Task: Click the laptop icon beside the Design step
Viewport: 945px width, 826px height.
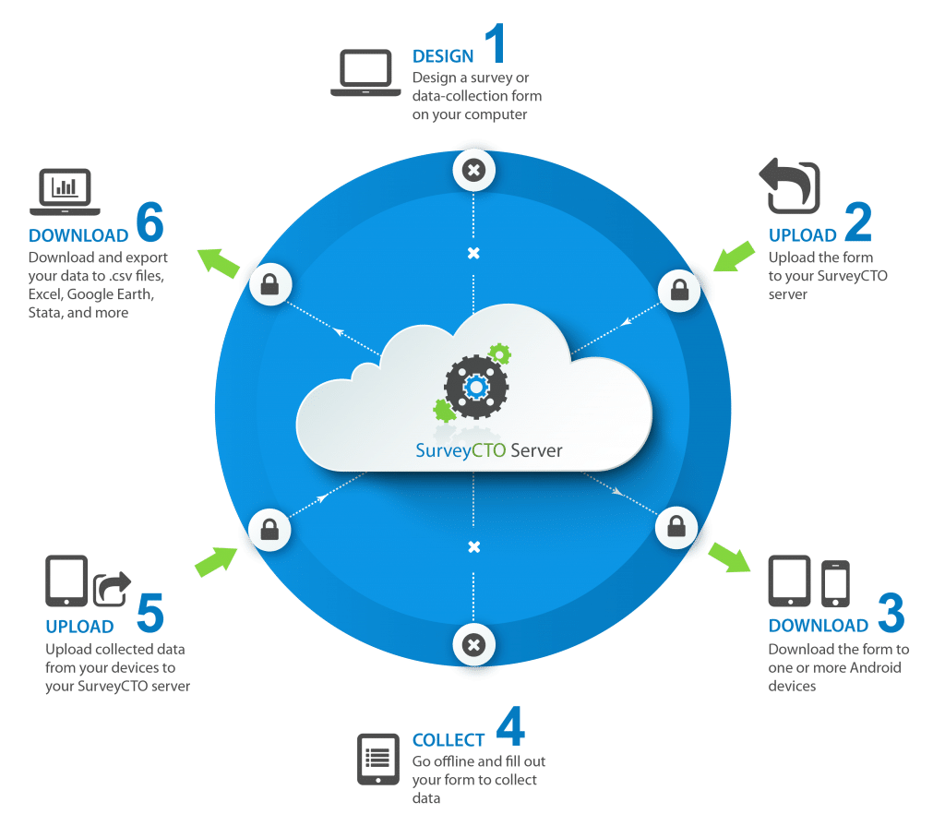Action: point(365,72)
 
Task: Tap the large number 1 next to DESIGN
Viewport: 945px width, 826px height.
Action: point(496,42)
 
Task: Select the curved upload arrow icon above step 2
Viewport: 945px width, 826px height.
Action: point(790,186)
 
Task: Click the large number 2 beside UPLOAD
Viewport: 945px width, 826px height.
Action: point(858,221)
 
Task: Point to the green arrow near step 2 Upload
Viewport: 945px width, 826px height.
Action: point(734,257)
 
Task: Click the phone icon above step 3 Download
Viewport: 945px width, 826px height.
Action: point(835,583)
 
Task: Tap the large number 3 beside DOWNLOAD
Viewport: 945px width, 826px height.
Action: point(891,613)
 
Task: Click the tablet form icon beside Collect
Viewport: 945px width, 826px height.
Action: point(377,759)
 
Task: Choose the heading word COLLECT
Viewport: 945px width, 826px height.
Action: point(449,740)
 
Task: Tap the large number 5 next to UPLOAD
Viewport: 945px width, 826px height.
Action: point(150,613)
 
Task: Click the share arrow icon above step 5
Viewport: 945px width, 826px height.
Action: point(112,588)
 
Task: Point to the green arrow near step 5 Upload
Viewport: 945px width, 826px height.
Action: point(216,561)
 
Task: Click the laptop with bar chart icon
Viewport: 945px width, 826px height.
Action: point(66,192)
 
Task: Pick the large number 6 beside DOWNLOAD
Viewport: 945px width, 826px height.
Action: point(150,221)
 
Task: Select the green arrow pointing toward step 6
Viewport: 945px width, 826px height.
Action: point(218,263)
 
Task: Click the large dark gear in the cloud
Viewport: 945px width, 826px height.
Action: point(476,387)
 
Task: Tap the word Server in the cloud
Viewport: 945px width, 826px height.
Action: point(536,450)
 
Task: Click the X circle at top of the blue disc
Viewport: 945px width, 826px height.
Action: point(473,170)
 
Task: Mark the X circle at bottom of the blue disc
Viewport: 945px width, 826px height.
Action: point(473,645)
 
